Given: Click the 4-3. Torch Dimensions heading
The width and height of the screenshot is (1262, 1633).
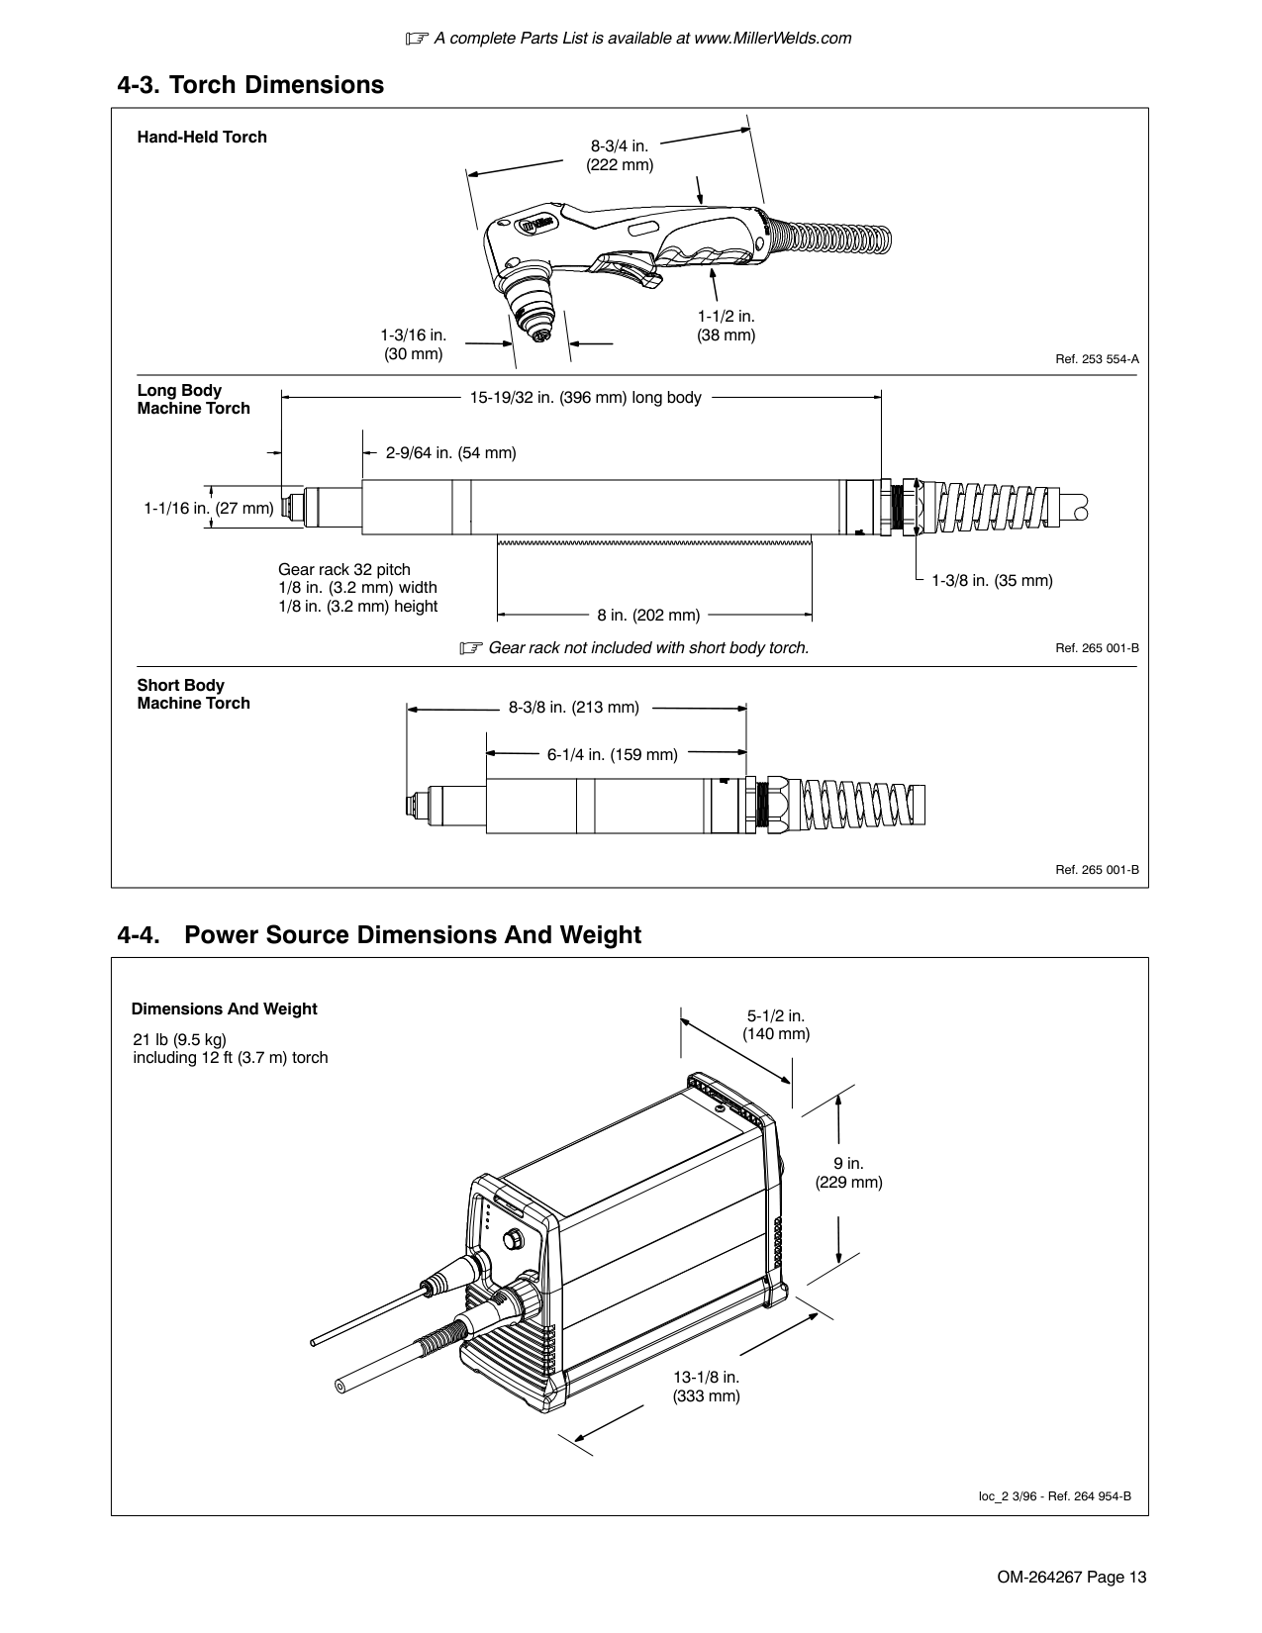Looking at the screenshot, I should click(250, 85).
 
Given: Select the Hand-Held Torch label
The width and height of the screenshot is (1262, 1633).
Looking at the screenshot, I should click(202, 138).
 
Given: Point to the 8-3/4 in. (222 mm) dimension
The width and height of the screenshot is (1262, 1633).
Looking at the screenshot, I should click(620, 155).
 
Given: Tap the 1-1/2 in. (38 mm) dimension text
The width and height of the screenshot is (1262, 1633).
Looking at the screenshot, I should click(726, 326).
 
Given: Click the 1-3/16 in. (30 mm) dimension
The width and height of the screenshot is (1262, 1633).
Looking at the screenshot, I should click(413, 344).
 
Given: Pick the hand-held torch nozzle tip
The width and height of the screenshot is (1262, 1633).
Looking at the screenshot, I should click(539, 336).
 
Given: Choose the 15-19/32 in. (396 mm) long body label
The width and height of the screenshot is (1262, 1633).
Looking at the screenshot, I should click(585, 398).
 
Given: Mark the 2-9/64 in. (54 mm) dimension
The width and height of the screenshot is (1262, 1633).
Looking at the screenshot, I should click(450, 453).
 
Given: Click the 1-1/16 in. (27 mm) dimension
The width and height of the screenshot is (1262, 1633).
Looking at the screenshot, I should click(208, 509).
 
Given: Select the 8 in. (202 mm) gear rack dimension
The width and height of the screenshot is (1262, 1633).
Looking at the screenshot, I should click(648, 616).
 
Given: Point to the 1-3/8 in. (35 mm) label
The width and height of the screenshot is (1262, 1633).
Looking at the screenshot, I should click(992, 580).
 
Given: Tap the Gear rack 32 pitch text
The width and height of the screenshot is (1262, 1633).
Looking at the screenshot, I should click(343, 570).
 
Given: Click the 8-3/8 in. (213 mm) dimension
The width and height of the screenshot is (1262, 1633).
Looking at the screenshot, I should click(574, 708).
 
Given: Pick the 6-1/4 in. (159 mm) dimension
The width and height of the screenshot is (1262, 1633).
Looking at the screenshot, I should click(612, 755).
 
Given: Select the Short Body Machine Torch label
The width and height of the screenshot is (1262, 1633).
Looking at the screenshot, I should click(193, 695).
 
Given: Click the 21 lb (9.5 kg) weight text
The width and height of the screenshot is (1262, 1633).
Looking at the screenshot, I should click(180, 1039).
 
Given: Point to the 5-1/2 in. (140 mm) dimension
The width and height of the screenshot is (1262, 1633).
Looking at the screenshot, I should click(776, 1025).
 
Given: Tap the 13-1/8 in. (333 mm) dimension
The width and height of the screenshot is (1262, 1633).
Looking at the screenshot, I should click(707, 1387).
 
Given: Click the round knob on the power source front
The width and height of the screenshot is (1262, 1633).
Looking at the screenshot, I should click(514, 1239).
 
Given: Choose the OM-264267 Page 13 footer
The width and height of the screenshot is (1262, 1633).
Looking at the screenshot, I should click(1071, 1578).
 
